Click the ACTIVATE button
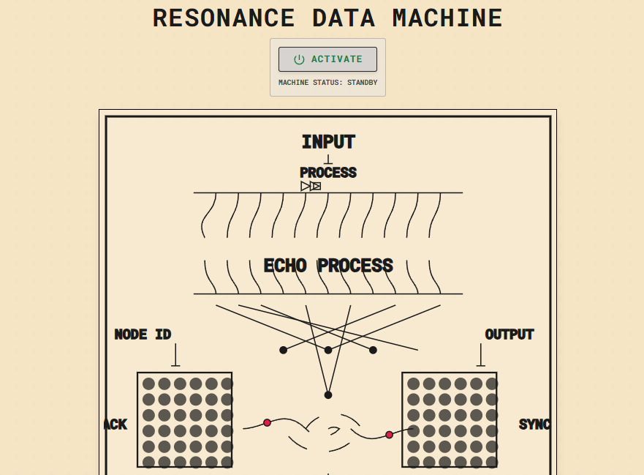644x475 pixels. click(x=327, y=59)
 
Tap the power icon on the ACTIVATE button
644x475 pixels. click(x=299, y=59)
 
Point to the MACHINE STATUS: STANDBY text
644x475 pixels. click(x=327, y=83)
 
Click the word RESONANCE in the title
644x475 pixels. click(x=224, y=18)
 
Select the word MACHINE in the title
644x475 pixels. click(x=447, y=18)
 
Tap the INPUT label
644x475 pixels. click(x=328, y=142)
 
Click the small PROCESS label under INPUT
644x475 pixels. click(x=328, y=173)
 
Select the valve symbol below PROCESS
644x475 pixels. click(x=311, y=186)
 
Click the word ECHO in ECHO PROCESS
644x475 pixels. click(x=285, y=266)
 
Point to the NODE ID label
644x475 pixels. click(x=143, y=334)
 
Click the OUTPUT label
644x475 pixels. click(x=509, y=334)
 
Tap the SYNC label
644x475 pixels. click(x=534, y=424)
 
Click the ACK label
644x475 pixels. click(x=115, y=424)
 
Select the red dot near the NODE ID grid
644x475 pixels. click(x=267, y=422)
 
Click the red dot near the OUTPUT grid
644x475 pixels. click(x=389, y=435)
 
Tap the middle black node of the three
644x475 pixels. click(x=328, y=350)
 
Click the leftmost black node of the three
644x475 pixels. click(x=284, y=350)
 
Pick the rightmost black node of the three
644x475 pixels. click(x=373, y=350)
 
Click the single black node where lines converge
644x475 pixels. click(x=328, y=394)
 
